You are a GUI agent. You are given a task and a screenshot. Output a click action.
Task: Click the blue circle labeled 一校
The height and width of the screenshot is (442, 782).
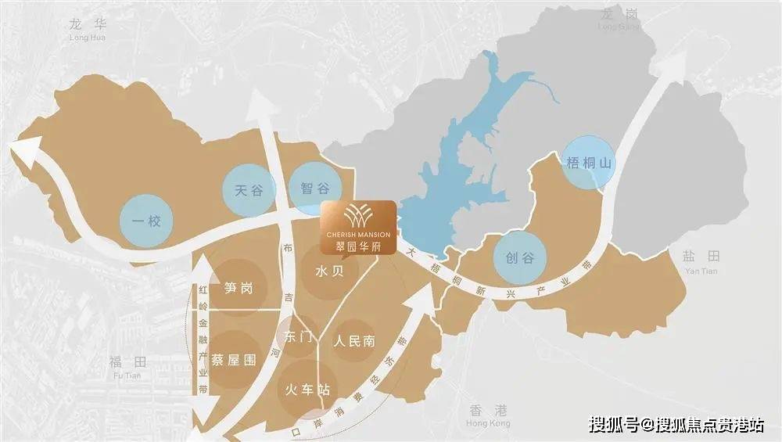(146, 221)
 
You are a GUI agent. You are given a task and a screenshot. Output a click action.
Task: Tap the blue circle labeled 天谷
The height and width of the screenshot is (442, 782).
(249, 189)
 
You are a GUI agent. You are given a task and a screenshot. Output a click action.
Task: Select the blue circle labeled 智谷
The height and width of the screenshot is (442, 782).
(315, 188)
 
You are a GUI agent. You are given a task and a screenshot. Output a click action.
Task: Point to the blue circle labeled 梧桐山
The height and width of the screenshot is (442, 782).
(588, 164)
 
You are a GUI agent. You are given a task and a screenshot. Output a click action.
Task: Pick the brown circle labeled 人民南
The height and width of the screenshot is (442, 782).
(354, 341)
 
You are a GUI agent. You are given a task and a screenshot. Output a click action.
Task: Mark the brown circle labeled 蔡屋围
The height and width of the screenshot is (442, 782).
(233, 361)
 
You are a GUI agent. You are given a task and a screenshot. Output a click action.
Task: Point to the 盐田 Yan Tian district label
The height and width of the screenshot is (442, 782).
(700, 261)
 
